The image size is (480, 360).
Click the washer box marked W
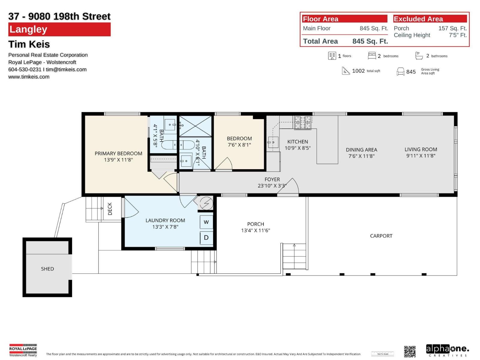coord(206,222)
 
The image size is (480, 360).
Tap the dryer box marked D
coord(206,238)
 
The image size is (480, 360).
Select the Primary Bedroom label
coord(118,153)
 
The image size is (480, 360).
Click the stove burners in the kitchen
coord(303,123)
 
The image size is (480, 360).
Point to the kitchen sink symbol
coord(273,142)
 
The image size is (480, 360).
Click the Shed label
coord(47,269)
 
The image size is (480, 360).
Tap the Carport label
coord(381,236)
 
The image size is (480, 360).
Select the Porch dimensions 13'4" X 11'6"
coord(256,230)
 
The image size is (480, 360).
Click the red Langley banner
coord(59,29)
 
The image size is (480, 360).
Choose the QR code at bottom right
coord(410,351)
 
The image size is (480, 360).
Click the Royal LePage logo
coord(23,350)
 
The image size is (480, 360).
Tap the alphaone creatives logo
coord(447,350)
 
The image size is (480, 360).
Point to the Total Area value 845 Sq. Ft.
coord(370,41)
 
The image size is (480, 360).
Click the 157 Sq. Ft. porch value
coord(452,28)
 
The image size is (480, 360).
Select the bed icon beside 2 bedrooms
coord(372,56)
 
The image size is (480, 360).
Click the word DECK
coord(110,209)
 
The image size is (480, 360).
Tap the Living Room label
coord(421,149)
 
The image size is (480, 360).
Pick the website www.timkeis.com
coord(29,77)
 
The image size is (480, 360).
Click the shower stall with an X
coord(195,126)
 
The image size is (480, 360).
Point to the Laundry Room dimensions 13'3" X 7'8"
coord(165,227)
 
